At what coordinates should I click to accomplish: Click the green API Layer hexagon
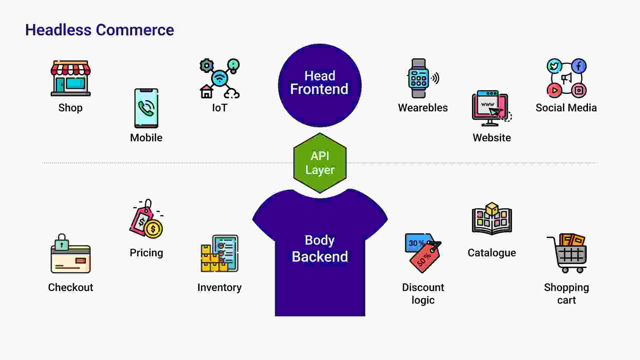[x=320, y=163]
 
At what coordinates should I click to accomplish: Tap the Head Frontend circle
[x=320, y=85]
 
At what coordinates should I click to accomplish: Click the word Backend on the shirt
[x=320, y=257]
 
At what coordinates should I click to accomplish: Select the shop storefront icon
[x=71, y=78]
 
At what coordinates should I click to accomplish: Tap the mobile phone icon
[x=146, y=108]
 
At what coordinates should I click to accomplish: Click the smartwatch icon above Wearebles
[x=419, y=78]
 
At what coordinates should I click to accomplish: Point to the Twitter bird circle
[x=554, y=66]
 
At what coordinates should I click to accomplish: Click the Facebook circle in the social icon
[x=579, y=66]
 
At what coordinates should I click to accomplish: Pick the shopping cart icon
[x=567, y=253]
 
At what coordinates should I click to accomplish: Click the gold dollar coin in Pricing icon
[x=153, y=229]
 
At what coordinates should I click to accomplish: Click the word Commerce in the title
[x=135, y=30]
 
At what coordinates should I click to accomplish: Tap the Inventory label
[x=219, y=287]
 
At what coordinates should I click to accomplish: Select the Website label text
[x=492, y=138]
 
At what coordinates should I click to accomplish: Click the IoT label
[x=220, y=108]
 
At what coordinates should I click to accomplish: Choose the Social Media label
[x=566, y=108]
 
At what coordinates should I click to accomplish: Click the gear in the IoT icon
[x=207, y=65]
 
